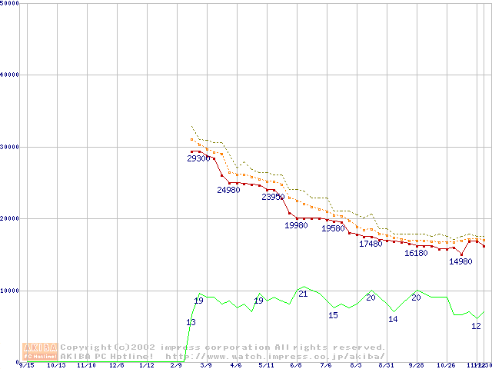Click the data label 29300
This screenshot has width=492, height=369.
(198, 158)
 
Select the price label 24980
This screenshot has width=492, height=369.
(228, 190)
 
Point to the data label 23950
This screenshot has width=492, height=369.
(273, 197)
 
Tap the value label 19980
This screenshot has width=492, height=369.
(296, 225)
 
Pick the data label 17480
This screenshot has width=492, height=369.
(371, 244)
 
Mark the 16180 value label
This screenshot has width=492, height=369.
(416, 253)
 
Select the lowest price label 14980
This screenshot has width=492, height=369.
(460, 261)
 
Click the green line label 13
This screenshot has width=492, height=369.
(191, 322)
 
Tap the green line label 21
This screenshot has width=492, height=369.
(303, 294)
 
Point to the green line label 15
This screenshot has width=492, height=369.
(333, 315)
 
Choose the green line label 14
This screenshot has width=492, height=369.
(393, 319)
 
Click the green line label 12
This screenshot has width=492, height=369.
(476, 326)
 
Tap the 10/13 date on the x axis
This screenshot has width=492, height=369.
(56, 365)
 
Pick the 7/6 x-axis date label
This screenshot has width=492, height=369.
(326, 365)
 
